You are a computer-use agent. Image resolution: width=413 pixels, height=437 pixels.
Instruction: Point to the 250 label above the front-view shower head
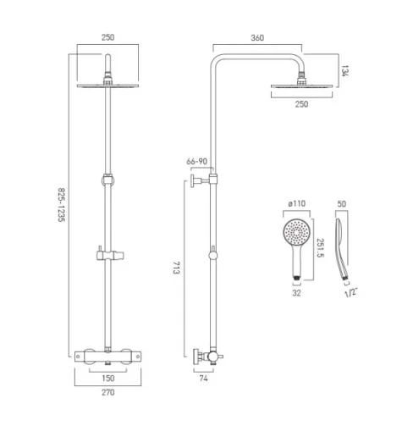(108, 39)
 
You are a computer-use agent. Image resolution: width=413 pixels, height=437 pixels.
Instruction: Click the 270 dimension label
(108, 395)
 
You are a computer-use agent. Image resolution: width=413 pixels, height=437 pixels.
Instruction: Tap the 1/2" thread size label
(349, 292)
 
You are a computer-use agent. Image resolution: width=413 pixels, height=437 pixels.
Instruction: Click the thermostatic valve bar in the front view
(108, 357)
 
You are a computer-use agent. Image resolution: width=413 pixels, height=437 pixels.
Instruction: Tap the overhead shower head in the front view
(108, 86)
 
